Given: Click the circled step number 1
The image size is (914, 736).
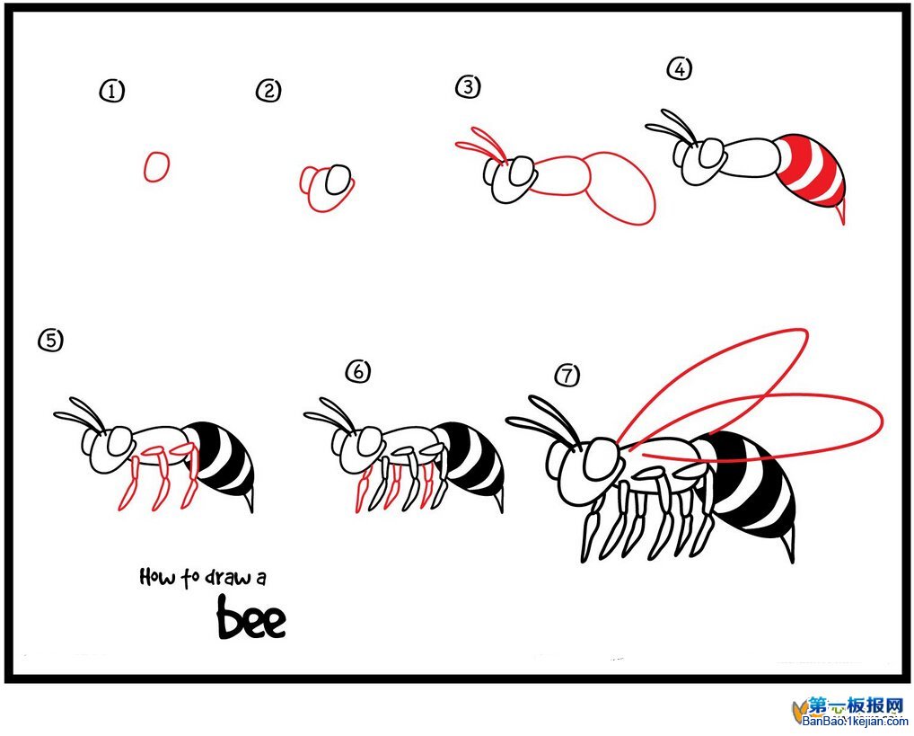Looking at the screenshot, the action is (x=112, y=91).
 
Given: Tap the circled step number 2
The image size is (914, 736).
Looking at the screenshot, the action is (x=268, y=91).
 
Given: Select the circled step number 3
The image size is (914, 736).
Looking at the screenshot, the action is (x=468, y=87).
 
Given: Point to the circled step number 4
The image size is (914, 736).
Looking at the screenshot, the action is (x=680, y=69).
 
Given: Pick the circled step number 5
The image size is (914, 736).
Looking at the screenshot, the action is (x=50, y=341).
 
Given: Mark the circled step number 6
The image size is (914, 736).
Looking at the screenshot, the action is (x=358, y=371).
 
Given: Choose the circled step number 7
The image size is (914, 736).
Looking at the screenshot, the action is (x=567, y=375).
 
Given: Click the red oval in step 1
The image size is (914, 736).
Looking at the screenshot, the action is (x=156, y=167).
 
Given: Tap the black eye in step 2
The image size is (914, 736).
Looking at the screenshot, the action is (x=338, y=180).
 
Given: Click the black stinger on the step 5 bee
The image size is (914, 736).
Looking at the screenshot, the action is (x=249, y=501).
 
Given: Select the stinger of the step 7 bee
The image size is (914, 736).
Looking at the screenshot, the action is (x=787, y=544).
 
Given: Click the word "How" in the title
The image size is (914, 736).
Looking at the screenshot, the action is (x=157, y=577).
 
